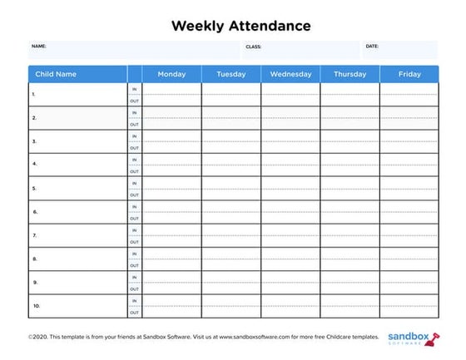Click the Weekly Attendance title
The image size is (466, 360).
(x=240, y=26)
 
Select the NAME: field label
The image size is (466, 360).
(x=39, y=47)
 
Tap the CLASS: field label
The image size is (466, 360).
(x=253, y=47)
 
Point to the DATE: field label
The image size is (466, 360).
(x=372, y=47)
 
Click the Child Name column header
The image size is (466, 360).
(x=56, y=74)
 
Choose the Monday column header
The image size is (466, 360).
(x=171, y=74)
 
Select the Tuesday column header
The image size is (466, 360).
(x=231, y=74)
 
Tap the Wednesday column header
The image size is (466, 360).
(x=290, y=74)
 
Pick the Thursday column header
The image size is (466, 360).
(x=349, y=74)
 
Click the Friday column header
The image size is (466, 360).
(x=409, y=74)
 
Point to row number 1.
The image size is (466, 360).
(x=34, y=95)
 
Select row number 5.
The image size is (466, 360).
(x=34, y=189)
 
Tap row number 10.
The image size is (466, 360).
(x=36, y=306)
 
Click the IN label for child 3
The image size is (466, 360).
(x=134, y=136)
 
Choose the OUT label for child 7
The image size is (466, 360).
(x=134, y=241)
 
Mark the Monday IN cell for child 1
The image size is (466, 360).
(x=171, y=89)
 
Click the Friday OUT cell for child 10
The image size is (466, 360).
(x=409, y=312)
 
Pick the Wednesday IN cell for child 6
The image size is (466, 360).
(x=290, y=206)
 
